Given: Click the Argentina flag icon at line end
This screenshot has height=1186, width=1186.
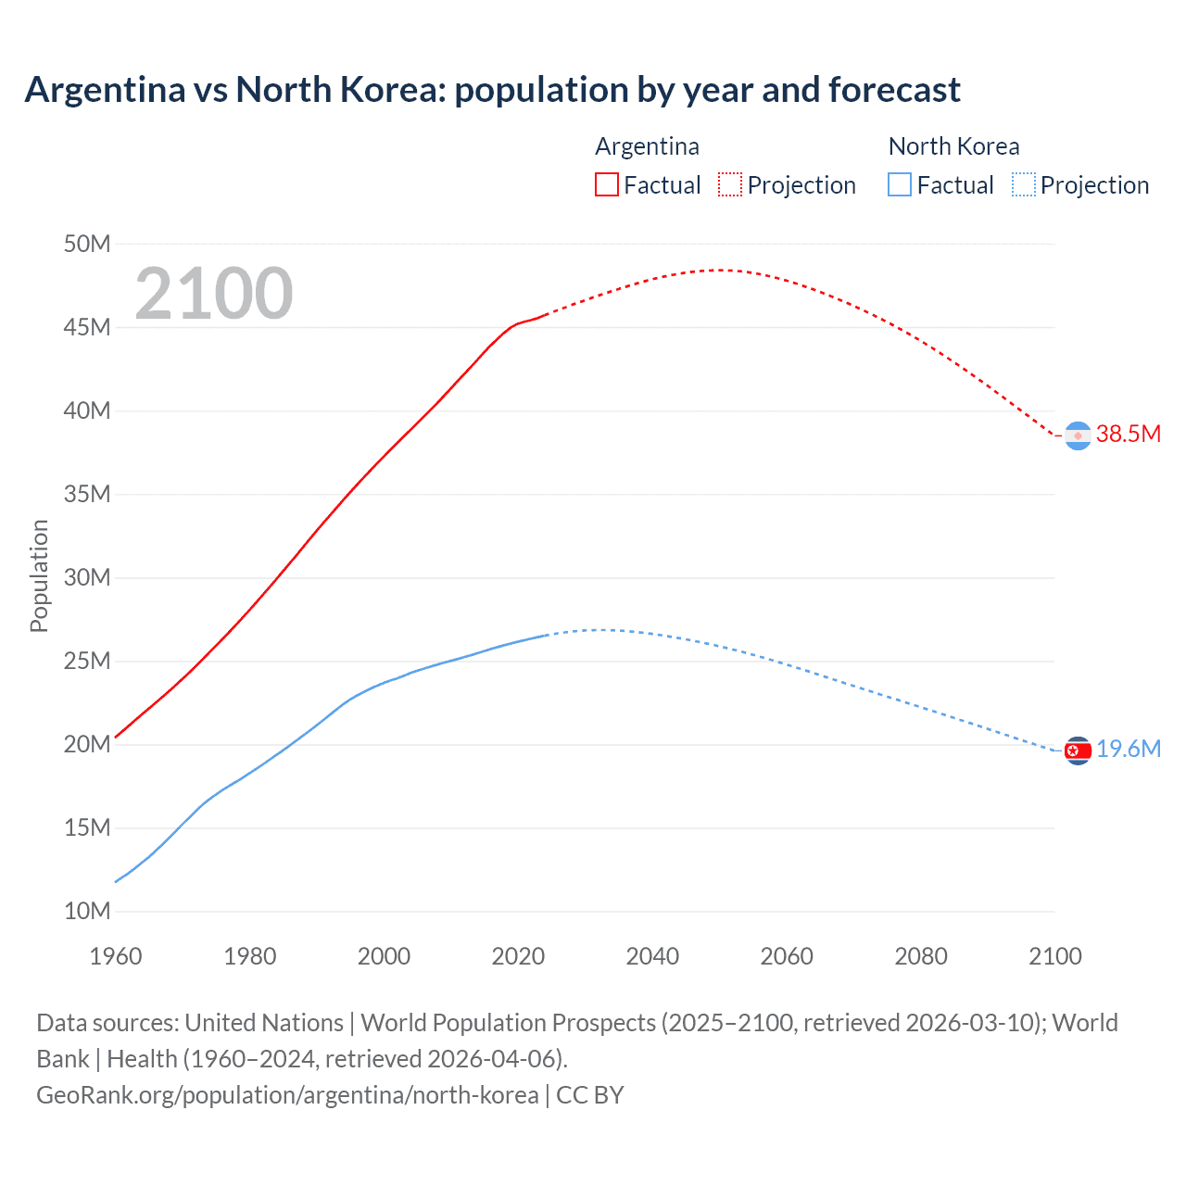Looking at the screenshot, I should (x=1078, y=435).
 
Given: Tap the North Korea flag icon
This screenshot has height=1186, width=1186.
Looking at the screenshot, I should (x=1078, y=751).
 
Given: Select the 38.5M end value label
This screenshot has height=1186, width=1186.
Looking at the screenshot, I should (x=1129, y=434).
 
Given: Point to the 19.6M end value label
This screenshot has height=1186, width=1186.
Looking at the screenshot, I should (x=1129, y=749).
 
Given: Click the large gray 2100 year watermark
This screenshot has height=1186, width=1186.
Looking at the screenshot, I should (x=214, y=294).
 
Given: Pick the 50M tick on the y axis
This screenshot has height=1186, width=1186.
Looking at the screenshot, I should (x=87, y=244).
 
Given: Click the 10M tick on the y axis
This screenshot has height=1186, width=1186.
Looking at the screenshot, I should (x=87, y=911).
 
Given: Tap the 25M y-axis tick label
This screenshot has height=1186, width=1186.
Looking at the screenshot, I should (x=87, y=661).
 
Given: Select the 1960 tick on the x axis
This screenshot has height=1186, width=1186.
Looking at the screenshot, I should (x=116, y=956).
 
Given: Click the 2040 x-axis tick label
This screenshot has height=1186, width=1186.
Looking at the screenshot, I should (x=652, y=956).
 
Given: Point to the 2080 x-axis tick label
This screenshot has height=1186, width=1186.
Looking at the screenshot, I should (x=921, y=956).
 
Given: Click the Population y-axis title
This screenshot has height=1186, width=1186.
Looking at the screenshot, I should (x=39, y=575).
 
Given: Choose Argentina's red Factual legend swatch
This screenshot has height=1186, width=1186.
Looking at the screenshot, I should (x=606, y=184).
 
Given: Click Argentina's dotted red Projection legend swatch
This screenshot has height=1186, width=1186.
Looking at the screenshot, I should (x=730, y=184).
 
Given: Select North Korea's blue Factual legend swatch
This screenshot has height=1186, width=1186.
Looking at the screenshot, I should (x=900, y=184).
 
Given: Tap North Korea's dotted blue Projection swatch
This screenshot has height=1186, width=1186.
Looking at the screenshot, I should (x=1024, y=184).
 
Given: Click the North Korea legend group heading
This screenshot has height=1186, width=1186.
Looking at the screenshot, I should (x=953, y=146).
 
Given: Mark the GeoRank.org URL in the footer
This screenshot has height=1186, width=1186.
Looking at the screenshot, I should (x=287, y=1094).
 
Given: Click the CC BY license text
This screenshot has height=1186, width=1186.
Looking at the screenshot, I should (x=590, y=1094).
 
